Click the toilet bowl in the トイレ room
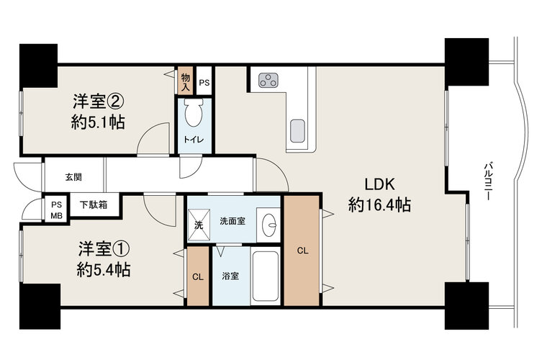click(194, 112)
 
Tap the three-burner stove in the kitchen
click(268, 81)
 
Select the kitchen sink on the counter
click(297, 131)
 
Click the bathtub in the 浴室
click(265, 276)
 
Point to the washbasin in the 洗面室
click(269, 225)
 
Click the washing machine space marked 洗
click(199, 225)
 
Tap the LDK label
click(379, 184)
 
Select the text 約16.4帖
click(379, 205)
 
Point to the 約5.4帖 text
click(104, 270)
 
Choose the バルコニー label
click(488, 181)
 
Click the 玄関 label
click(73, 177)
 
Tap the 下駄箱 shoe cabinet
click(94, 205)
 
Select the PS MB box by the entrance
click(56, 210)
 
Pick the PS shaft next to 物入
click(204, 81)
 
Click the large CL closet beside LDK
click(302, 251)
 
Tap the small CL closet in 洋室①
click(198, 276)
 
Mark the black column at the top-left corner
click(38, 66)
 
